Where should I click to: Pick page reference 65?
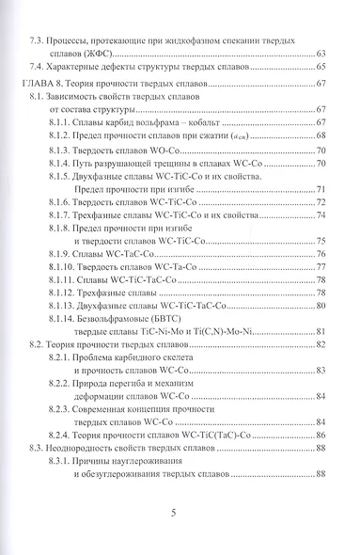pyautogui.click(x=321, y=68)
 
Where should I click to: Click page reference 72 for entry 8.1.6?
pyautogui.click(x=321, y=202)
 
